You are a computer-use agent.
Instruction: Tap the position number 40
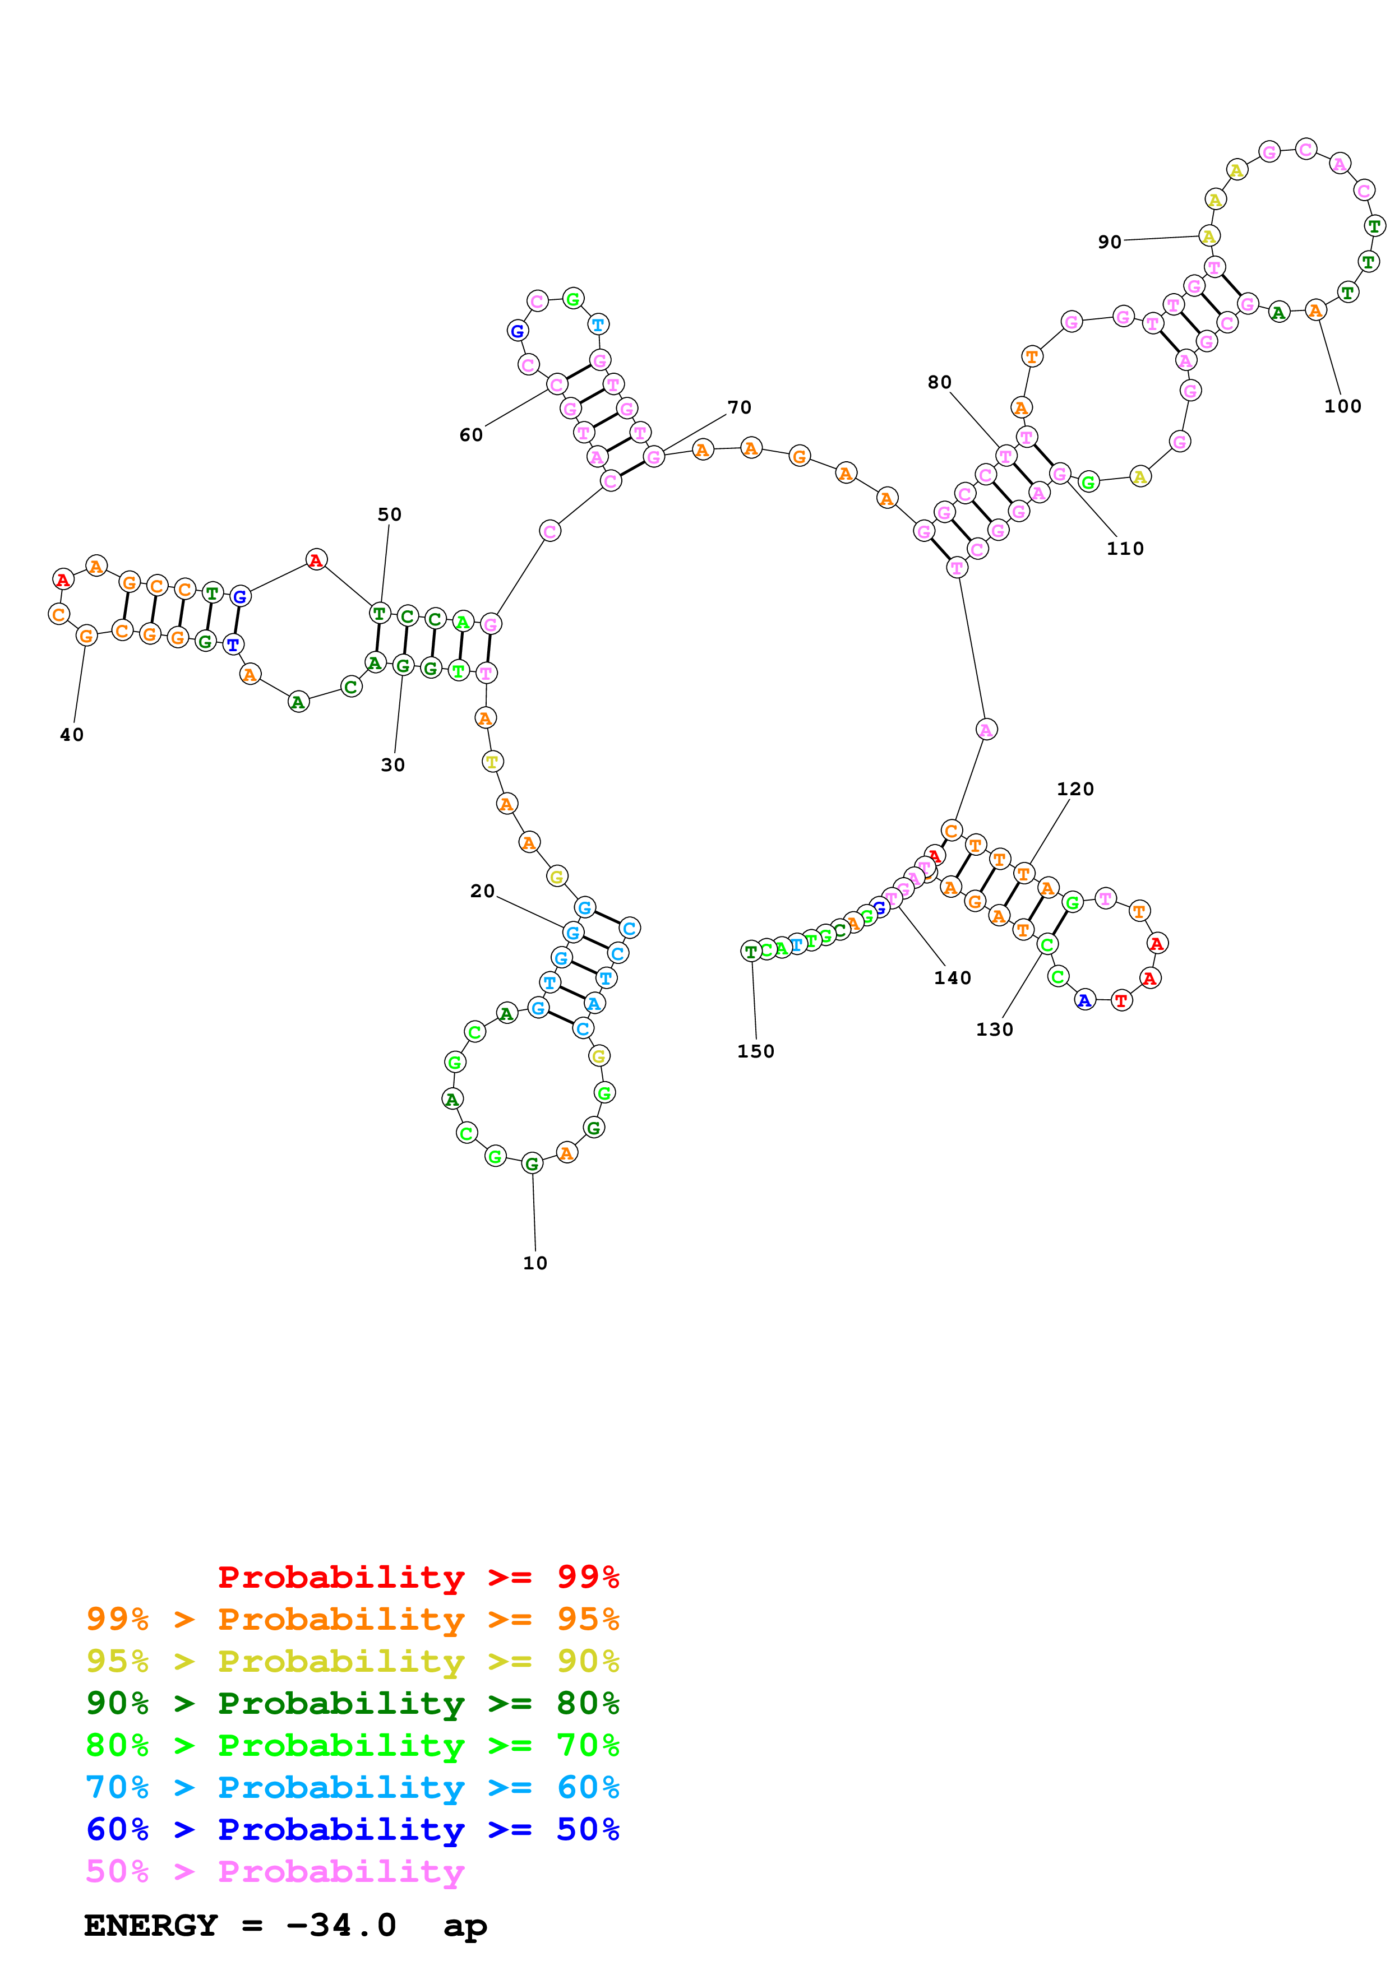click(72, 735)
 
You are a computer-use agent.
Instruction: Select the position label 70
click(739, 407)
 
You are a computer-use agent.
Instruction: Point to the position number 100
click(1342, 407)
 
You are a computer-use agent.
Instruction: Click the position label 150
click(755, 1051)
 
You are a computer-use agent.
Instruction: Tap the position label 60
click(471, 435)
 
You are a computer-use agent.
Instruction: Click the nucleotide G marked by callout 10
click(532, 1163)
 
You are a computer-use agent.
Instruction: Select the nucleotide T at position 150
click(751, 951)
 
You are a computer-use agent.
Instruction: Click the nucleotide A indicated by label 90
click(1208, 237)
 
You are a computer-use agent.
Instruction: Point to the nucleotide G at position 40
click(86, 636)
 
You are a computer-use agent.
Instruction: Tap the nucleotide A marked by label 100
click(1315, 311)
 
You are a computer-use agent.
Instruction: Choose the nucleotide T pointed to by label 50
click(380, 613)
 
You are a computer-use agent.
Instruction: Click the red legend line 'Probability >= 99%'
click(418, 1576)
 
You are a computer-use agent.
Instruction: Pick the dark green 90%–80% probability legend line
click(352, 1703)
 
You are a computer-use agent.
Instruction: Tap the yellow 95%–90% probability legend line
click(352, 1661)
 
